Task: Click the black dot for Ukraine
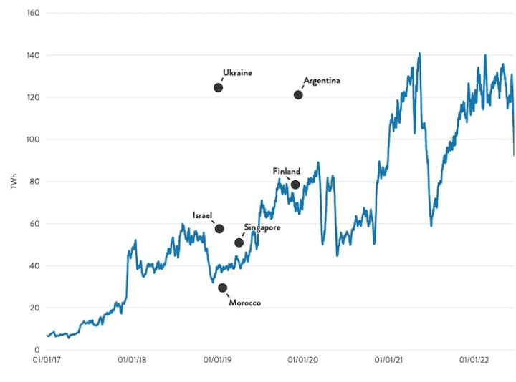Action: tap(218, 87)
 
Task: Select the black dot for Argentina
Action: tap(298, 95)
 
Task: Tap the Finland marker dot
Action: tap(295, 185)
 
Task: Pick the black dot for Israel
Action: tap(219, 229)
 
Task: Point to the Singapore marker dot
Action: tap(239, 243)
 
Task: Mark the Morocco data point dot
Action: tap(222, 288)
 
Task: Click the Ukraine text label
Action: tap(237, 73)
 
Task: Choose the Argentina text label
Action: tap(321, 81)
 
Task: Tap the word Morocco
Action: tap(244, 303)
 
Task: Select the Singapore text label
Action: tap(262, 227)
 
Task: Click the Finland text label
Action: tap(286, 172)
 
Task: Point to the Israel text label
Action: tap(203, 215)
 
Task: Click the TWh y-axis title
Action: tap(14, 182)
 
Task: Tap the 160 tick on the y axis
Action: tap(32, 14)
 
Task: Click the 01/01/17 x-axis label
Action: tap(47, 361)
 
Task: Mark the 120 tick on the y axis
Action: tap(32, 97)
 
